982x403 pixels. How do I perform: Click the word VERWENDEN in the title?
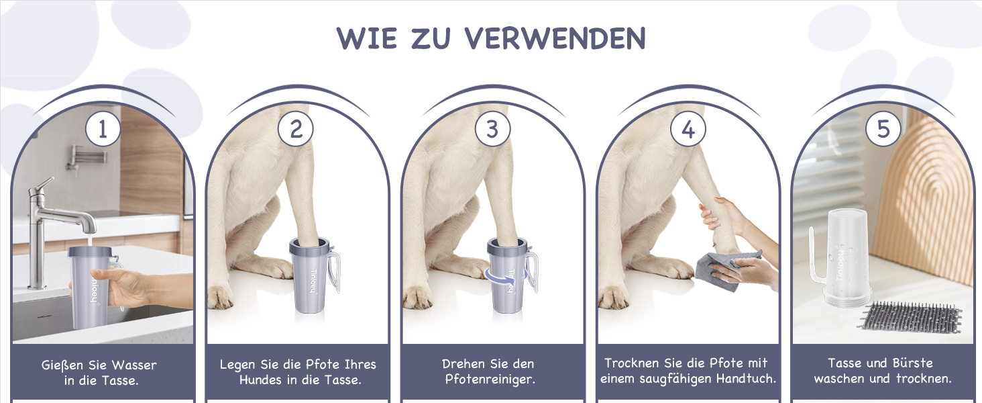555,38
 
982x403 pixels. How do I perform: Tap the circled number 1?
103,129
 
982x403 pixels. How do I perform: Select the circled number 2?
296,129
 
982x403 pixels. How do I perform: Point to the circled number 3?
493,129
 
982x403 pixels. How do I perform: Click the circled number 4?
688,129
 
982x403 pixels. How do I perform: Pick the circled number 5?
883,129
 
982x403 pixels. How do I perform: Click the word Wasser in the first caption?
133,365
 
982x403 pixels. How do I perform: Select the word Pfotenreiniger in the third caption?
490,379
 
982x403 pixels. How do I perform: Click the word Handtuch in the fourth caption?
749,378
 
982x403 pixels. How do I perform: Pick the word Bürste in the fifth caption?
913,363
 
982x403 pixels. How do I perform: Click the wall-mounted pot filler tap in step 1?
85,157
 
